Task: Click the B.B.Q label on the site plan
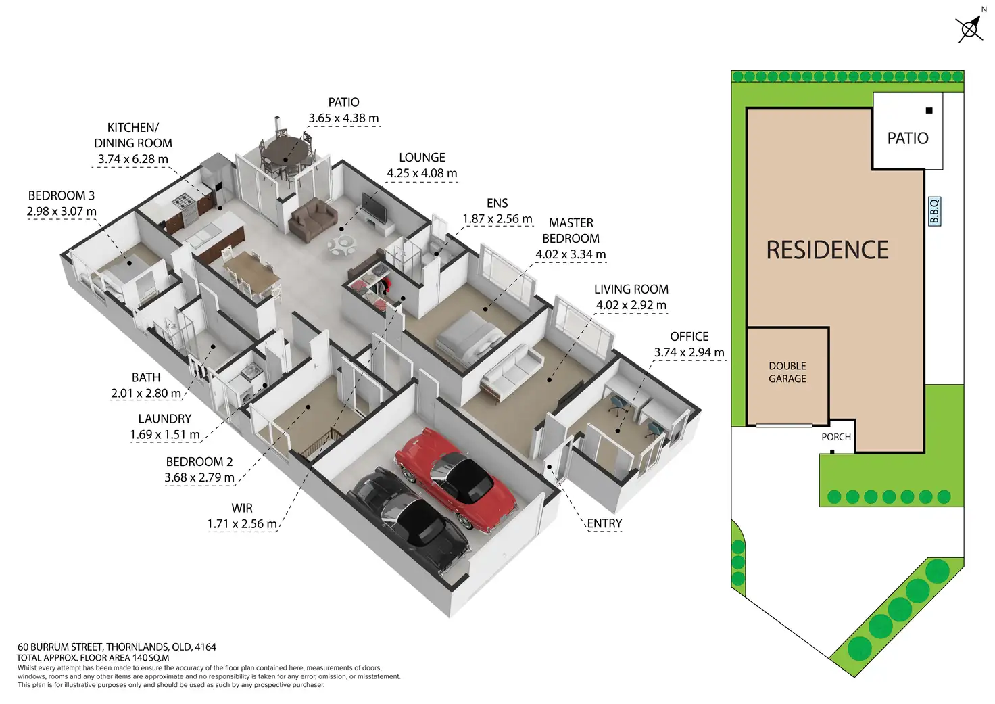[x=934, y=211]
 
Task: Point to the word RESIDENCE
[x=827, y=250]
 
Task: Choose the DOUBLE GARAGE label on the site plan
[x=787, y=372]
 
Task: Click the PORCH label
[x=836, y=437]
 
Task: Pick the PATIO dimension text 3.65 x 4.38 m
[x=343, y=118]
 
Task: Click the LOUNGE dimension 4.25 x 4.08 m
[x=422, y=173]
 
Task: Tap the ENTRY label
[x=604, y=523]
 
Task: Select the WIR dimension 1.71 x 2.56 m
[x=242, y=524]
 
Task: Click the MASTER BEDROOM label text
[x=571, y=231]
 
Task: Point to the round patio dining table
[x=285, y=148]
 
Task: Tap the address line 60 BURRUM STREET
[x=117, y=647]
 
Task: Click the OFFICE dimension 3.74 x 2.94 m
[x=689, y=352]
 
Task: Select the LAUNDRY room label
[x=165, y=419]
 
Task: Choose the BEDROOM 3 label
[x=62, y=196]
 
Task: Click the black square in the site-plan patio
[x=929, y=110]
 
